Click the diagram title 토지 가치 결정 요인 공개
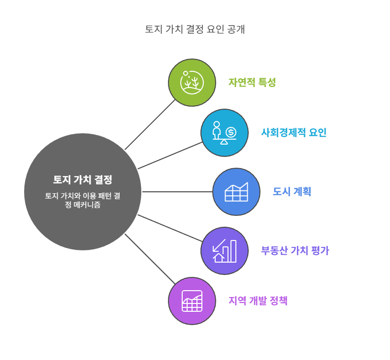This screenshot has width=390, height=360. tap(195, 29)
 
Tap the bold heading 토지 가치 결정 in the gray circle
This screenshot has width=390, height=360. tap(83, 180)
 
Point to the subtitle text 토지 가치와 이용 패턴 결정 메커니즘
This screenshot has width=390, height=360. tap(83, 200)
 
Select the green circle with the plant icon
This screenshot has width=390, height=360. tap(192, 83)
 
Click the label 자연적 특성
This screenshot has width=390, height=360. tap(252, 83)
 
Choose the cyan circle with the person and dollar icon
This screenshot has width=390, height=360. tap(225, 133)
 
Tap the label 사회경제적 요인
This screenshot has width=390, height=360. tap(293, 133)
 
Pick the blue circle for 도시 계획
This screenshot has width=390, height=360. tap(236, 192)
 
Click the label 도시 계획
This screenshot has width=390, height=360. tap(292, 192)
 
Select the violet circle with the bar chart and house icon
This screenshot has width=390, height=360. tap(225, 251)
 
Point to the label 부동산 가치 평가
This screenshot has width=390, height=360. tap(294, 251)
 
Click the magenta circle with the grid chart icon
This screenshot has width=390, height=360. tap(192, 301)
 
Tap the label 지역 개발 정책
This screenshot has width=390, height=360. tap(258, 301)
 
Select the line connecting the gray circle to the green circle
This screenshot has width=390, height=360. tap(150, 124)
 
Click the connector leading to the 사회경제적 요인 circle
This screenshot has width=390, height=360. tap(170, 155)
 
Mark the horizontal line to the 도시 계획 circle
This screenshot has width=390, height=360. tap(177, 192)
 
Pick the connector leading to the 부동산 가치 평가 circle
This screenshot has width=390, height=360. tap(170, 228)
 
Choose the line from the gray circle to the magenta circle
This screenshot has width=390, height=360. tap(150, 259)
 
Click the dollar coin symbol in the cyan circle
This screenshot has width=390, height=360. tap(231, 132)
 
